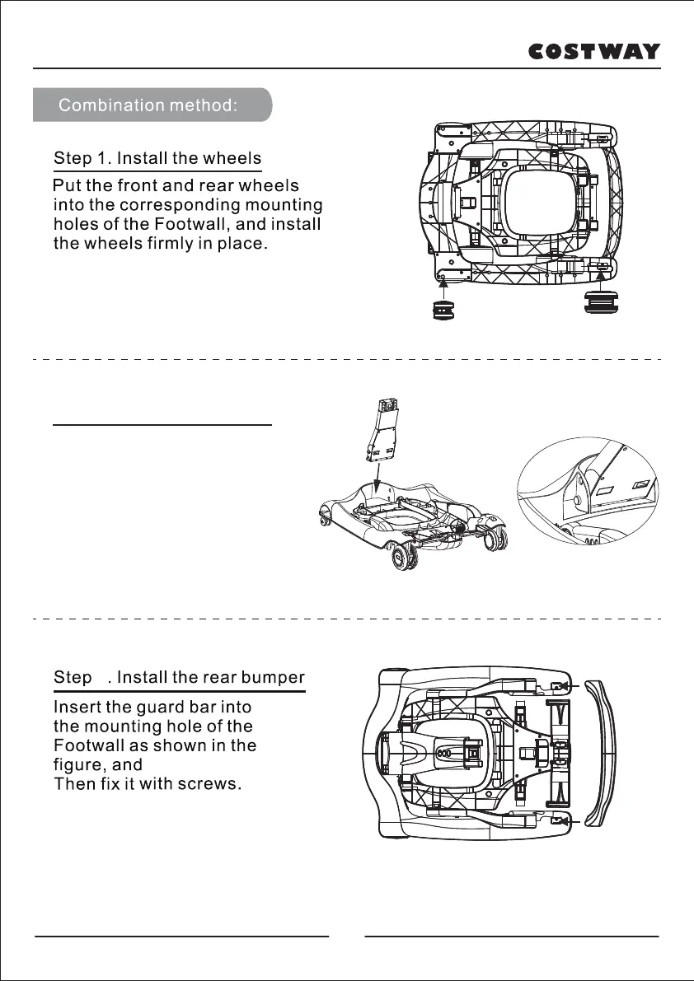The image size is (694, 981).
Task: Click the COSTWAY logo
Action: pos(593,51)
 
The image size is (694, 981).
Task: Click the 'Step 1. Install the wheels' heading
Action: pos(157,158)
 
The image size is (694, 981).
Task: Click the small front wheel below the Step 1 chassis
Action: pos(443,310)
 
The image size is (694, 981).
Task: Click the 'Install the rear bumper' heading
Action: pos(211,678)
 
